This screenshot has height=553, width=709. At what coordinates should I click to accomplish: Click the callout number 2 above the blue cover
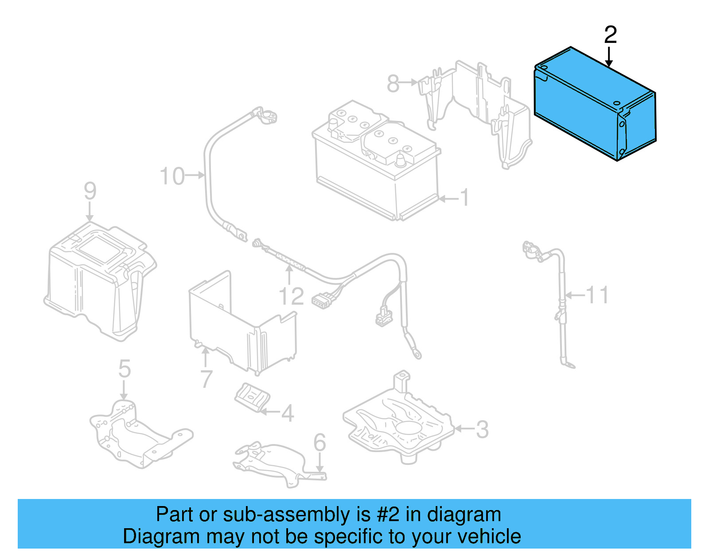pos(610,35)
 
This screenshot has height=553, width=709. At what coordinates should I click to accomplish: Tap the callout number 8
pos(393,83)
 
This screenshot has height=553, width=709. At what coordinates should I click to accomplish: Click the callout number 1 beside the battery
pos(464,197)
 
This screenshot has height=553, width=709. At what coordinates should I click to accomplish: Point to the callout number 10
pos(172,176)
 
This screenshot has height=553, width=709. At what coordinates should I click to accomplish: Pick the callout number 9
pos(90,191)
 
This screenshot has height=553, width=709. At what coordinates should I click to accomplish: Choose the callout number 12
pos(291,296)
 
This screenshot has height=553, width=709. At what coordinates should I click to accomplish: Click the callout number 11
pos(597,295)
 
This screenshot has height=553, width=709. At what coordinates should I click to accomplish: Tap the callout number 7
pos(206,379)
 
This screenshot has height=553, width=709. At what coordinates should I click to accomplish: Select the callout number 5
pos(125,368)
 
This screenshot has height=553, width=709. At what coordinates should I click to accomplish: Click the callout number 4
pos(288,413)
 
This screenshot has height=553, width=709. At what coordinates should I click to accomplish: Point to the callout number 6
pos(319,442)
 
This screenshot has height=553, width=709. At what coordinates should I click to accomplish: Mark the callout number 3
pos(482,429)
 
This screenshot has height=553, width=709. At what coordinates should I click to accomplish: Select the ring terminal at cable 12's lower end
pos(416,353)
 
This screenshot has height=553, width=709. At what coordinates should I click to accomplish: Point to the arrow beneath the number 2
pos(609,57)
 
